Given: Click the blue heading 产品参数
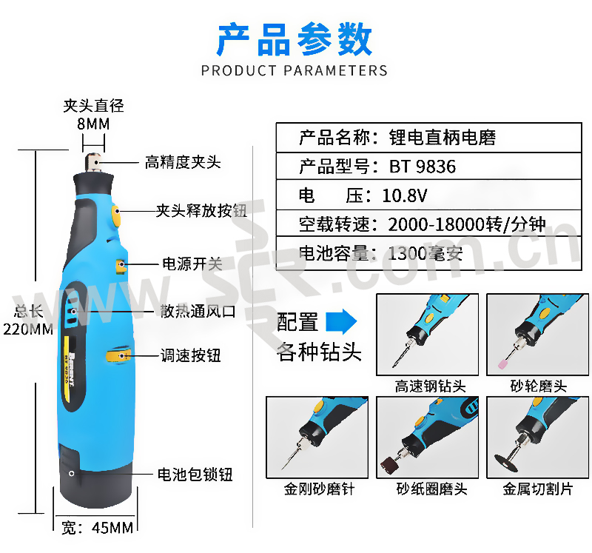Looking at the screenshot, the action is click(x=295, y=39).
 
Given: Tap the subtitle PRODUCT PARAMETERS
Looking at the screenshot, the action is click(x=295, y=70).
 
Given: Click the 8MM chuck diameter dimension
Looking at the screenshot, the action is click(x=93, y=124).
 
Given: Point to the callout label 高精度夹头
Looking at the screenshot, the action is click(x=183, y=162).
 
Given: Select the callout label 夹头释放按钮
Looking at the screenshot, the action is click(x=201, y=210).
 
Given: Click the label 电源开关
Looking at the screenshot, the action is click(x=192, y=264).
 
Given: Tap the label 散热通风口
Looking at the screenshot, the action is click(x=198, y=311).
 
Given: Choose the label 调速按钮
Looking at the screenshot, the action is click(x=191, y=355).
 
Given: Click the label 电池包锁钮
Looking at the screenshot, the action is click(x=195, y=475).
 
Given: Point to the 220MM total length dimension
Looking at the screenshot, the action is click(x=28, y=329).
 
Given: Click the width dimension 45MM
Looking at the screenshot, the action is click(x=112, y=528).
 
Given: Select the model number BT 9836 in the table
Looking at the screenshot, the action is click(x=423, y=167).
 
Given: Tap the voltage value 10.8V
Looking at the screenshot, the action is click(x=404, y=195).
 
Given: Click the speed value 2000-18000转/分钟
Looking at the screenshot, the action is click(x=467, y=224).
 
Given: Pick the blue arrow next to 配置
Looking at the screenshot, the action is click(x=341, y=321).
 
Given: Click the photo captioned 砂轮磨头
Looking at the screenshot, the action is click(x=538, y=335).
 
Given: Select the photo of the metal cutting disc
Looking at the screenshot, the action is click(x=538, y=438).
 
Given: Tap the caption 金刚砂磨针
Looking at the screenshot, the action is click(x=320, y=489).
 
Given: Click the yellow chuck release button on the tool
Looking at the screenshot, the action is click(x=116, y=216).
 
